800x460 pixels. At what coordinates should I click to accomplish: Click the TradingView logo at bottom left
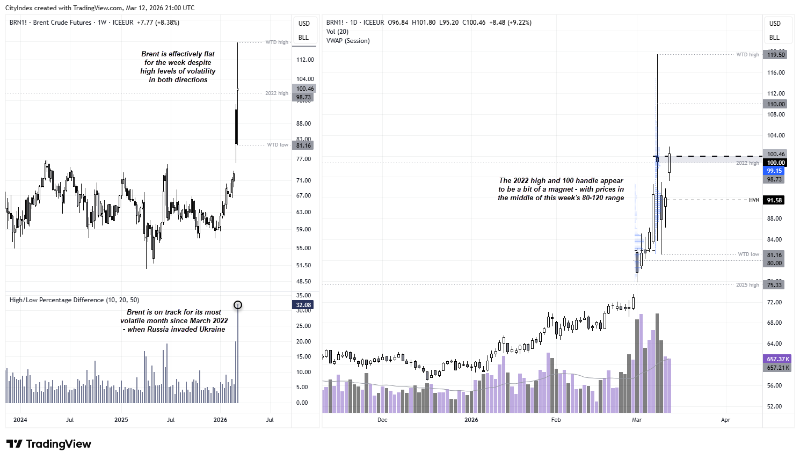click(49, 444)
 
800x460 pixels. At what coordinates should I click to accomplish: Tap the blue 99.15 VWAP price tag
click(774, 171)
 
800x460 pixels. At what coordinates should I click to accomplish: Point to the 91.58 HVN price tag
click(774, 200)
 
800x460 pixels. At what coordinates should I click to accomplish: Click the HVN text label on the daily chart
click(754, 200)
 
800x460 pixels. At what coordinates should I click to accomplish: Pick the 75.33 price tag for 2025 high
click(774, 285)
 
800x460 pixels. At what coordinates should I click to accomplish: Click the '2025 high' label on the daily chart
click(747, 285)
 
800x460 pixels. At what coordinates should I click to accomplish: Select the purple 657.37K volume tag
click(778, 359)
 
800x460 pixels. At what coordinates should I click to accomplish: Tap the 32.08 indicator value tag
click(303, 305)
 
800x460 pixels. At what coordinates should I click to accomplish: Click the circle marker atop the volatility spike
click(238, 305)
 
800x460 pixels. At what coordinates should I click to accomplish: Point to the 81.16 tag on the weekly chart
click(303, 145)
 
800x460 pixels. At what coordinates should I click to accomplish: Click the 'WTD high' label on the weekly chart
click(277, 42)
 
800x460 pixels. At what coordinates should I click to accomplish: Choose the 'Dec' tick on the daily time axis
click(382, 420)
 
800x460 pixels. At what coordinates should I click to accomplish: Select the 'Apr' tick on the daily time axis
click(725, 420)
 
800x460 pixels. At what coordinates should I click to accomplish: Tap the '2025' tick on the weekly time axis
click(121, 420)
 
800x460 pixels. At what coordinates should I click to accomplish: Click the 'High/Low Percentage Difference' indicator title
click(74, 300)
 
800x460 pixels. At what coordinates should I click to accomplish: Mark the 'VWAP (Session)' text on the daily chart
click(348, 41)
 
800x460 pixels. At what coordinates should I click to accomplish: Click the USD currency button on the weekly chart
click(304, 24)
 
